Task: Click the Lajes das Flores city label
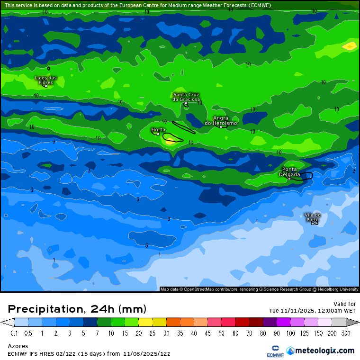coord(46,80)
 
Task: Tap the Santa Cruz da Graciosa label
coord(186,97)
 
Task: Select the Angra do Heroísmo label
coord(221,120)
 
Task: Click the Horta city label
coord(158,129)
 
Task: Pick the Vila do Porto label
coord(313,217)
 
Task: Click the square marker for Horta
coord(158,134)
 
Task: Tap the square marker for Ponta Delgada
coord(289,179)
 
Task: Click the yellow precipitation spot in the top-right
coord(350,46)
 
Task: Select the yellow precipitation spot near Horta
coord(170,140)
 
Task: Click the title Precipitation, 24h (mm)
coord(77,309)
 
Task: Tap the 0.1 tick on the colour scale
coord(14,333)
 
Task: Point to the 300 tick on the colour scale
coord(345,333)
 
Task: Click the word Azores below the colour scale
coord(18,346)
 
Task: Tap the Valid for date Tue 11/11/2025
coord(313,311)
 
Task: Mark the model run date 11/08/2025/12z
coord(146,353)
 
